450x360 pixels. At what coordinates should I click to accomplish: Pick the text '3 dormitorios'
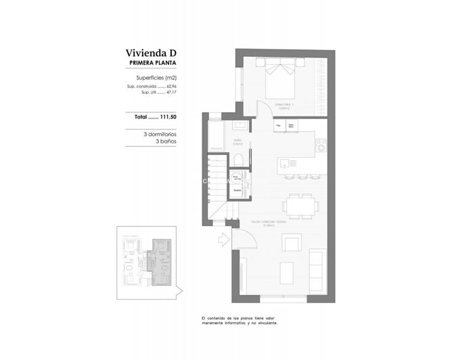click(160, 134)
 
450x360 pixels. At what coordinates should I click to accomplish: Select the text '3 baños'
click(166, 141)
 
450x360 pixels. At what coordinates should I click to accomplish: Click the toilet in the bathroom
click(239, 160)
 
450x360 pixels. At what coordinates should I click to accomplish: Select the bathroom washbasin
click(238, 126)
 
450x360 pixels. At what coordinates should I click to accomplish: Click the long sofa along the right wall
click(317, 270)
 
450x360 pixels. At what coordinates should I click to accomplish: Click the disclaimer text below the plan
click(240, 320)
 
